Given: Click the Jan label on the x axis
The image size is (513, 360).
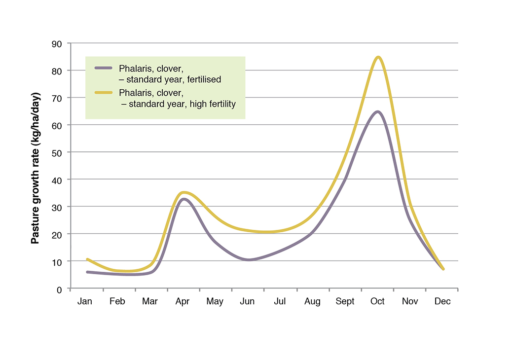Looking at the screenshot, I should point(85,302).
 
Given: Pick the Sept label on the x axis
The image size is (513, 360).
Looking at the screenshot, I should point(345,302).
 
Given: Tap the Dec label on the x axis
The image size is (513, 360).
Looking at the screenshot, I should point(442,302).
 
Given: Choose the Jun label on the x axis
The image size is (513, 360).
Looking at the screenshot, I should point(247,302).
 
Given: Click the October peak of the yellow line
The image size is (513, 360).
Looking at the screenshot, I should point(378,57).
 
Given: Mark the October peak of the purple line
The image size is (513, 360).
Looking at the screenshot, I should point(377,111).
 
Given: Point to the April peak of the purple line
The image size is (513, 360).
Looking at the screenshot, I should point(183,199).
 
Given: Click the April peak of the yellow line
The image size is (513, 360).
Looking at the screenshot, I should point(183,192).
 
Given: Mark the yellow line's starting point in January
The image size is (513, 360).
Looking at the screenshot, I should point(87,259).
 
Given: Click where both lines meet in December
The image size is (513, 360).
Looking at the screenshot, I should point(443,269).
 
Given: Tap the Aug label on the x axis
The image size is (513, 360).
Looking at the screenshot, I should point(312,302).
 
